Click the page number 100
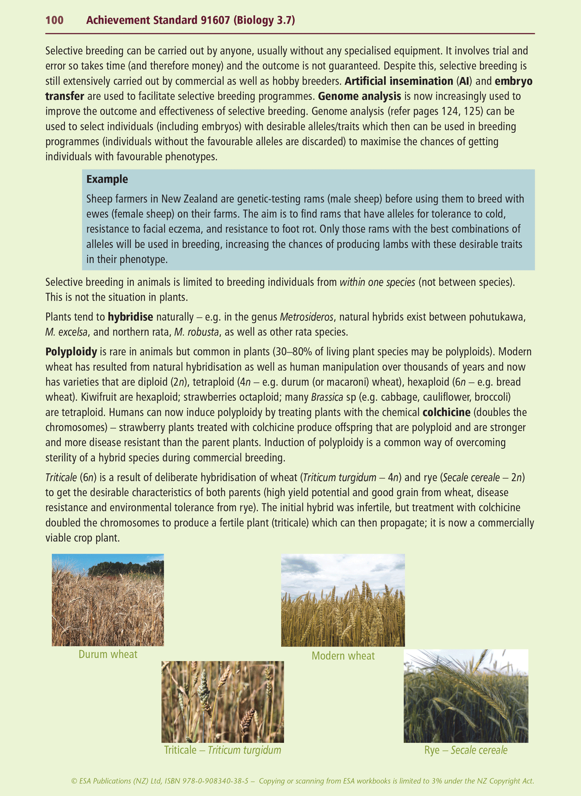(x=54, y=20)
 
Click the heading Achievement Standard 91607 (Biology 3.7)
(x=190, y=20)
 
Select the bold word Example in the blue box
(x=107, y=179)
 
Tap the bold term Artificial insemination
(x=399, y=81)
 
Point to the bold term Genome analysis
(x=359, y=96)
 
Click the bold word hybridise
(x=130, y=317)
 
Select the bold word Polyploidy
(x=71, y=352)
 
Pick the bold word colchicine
(x=446, y=412)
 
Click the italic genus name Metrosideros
(x=306, y=317)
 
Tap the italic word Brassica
(x=327, y=397)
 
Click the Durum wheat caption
(x=108, y=654)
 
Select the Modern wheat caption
(x=343, y=656)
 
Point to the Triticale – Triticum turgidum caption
(x=222, y=750)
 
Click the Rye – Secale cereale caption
(x=466, y=750)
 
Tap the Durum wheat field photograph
(x=108, y=600)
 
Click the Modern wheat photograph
(x=343, y=600)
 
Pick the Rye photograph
(x=466, y=696)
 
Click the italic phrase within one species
(x=377, y=282)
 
